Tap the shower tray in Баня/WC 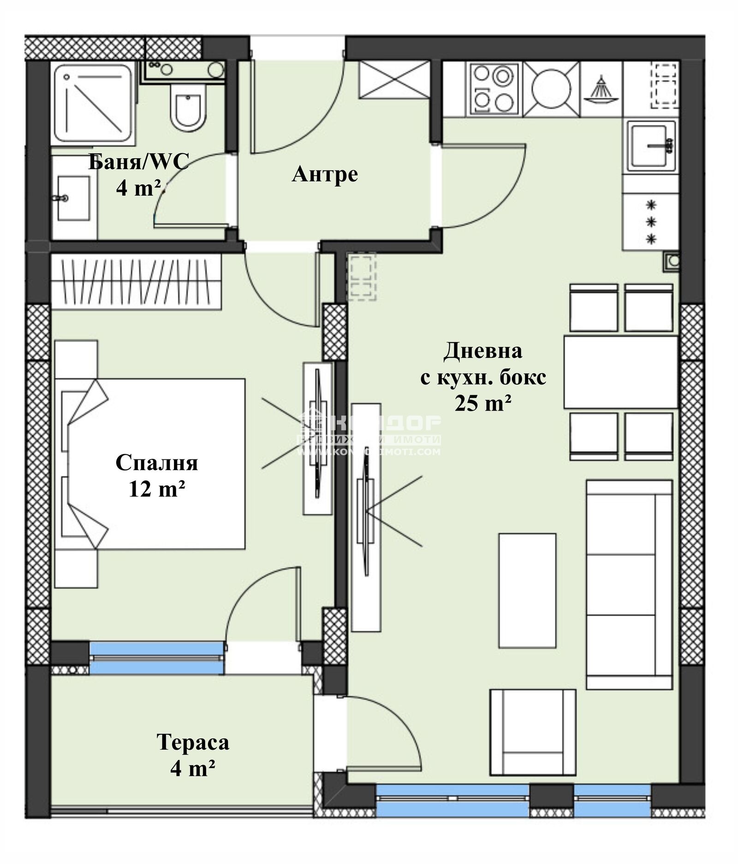coord(93,103)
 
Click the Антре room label coord(325,174)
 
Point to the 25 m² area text coord(483,404)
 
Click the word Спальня coord(156,463)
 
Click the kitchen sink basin coord(650,146)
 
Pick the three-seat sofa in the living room coord(629,584)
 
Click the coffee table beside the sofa coord(527,590)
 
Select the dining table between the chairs coord(620,372)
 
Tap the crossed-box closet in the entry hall coord(394,79)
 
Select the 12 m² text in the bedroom coord(157,489)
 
